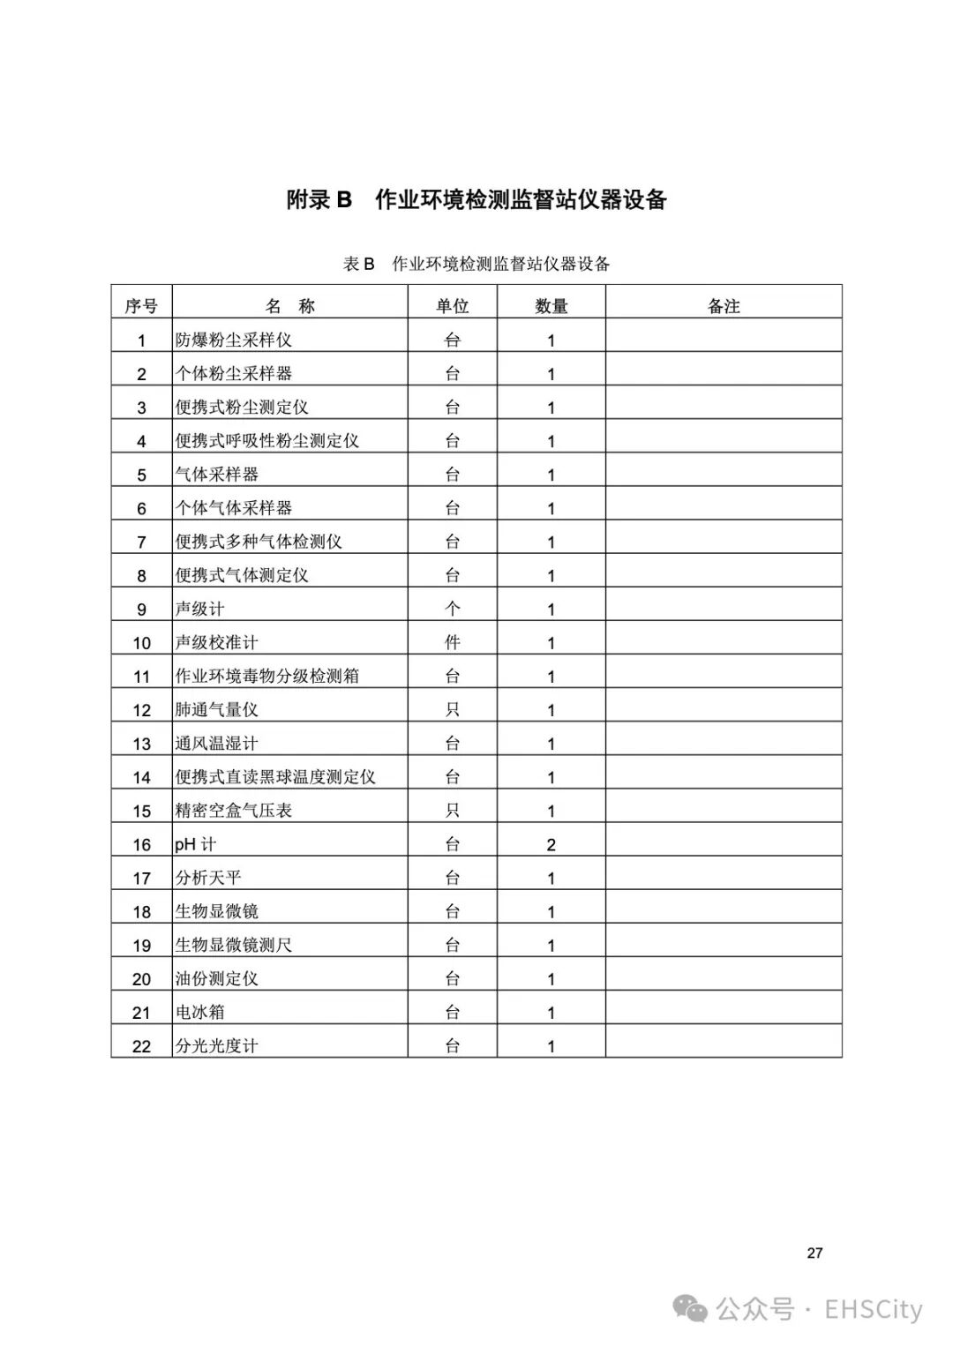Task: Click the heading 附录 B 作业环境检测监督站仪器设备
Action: point(476,199)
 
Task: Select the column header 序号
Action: point(141,306)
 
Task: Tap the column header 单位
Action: point(452,306)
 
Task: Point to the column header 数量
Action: point(551,306)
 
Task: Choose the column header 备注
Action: point(724,306)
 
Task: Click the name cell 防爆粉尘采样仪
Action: point(233,340)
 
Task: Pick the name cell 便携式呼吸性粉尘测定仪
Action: point(266,440)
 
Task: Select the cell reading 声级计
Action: point(199,609)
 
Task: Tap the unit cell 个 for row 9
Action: point(452,609)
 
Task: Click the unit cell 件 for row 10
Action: point(452,642)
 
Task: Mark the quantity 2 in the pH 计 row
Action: point(551,844)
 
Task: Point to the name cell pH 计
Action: point(195,844)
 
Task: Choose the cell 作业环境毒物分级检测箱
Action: point(266,676)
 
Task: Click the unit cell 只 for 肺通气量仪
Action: point(452,709)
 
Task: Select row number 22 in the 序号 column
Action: point(141,1046)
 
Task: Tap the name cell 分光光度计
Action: point(216,1046)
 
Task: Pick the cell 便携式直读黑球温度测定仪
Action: point(275,777)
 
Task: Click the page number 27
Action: point(814,1253)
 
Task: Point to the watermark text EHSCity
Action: point(873,1310)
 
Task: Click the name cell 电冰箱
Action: point(199,1013)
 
